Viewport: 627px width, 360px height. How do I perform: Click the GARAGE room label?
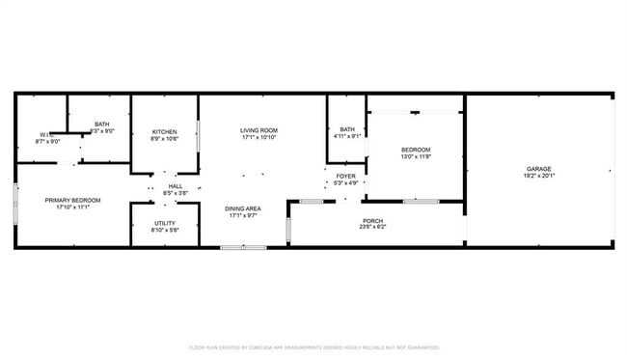[539, 169]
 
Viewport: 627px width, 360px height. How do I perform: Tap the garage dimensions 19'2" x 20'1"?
[539, 177]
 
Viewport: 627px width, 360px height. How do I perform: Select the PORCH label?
[372, 221]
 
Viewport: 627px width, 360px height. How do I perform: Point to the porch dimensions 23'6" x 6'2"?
[372, 228]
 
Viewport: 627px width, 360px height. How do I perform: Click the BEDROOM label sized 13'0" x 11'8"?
[416, 151]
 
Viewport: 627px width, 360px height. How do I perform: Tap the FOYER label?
[345, 177]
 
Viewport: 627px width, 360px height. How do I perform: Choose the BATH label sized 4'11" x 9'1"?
[347, 129]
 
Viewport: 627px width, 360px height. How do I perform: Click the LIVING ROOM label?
[259, 130]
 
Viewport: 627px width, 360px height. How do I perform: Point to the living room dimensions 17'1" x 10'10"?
[259, 138]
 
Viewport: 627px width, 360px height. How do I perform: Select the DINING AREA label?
[243, 209]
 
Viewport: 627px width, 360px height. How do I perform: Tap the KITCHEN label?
[164, 131]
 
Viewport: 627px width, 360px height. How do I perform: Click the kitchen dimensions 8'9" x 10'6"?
[164, 139]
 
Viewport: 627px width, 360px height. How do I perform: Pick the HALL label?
[176, 186]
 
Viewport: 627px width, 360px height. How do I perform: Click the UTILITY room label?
[164, 223]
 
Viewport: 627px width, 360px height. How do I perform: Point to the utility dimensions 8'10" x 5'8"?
[164, 231]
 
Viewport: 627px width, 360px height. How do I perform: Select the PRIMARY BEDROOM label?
[72, 200]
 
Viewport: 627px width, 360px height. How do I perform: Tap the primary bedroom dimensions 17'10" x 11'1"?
[72, 208]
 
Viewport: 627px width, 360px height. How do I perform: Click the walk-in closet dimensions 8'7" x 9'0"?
[48, 142]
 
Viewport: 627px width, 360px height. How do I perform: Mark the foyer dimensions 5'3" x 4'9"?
[345, 183]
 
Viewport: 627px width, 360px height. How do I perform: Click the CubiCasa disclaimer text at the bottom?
[314, 347]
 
